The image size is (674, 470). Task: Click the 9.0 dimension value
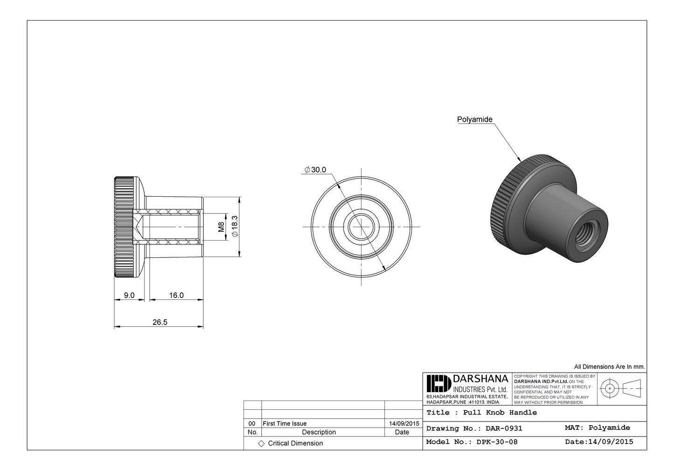point(129,295)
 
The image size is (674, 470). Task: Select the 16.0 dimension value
point(176,295)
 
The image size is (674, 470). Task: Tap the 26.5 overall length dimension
point(160,322)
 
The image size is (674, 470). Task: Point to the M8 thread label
point(222,227)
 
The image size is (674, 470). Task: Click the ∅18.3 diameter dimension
point(235,227)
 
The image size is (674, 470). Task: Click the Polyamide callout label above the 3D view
point(474,119)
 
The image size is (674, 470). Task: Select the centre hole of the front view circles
point(361,227)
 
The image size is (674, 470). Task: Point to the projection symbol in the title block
point(621,388)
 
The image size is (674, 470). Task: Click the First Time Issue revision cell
point(285,423)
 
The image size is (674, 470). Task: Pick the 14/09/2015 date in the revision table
point(403,423)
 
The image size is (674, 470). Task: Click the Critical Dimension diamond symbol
point(261,443)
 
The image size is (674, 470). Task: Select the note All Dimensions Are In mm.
point(609,367)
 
